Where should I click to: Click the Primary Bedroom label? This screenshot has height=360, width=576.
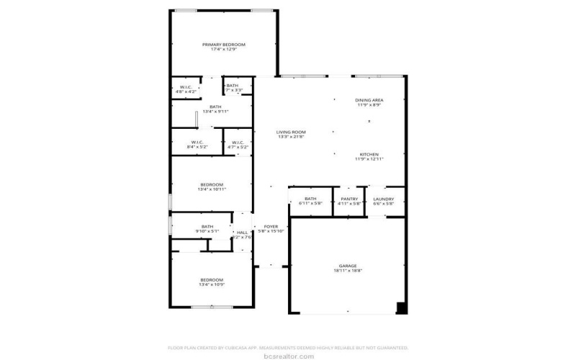pos(223,45)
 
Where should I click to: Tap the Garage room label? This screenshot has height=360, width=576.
pos(348,266)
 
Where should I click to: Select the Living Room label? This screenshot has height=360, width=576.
pos(292,132)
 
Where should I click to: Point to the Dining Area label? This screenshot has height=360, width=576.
pos(369,100)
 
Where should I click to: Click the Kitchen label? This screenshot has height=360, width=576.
pos(369,154)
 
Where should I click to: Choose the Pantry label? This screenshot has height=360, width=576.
pos(348,199)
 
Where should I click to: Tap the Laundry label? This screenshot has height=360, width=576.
pos(384,199)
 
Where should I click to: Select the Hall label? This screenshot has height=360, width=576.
pos(242,232)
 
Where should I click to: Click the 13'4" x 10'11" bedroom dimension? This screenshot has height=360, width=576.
pos(212,189)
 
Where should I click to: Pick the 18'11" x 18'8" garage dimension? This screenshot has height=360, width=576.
pos(348,271)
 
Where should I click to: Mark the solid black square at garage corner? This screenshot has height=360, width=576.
pos(402,308)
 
